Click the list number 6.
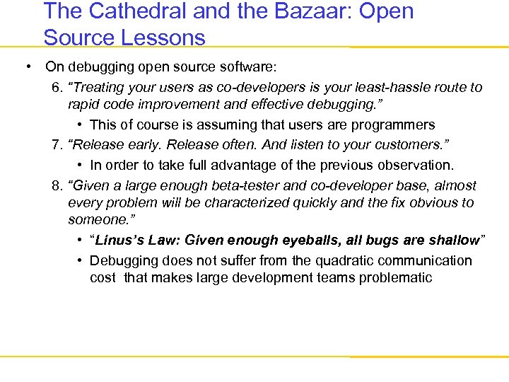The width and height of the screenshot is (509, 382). (57, 88)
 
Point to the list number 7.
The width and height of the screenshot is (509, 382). (57, 145)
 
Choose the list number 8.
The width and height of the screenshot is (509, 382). (57, 186)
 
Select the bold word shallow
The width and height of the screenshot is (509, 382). (452, 241)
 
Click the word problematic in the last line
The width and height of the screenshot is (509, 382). (394, 277)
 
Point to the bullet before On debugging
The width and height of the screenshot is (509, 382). (26, 67)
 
